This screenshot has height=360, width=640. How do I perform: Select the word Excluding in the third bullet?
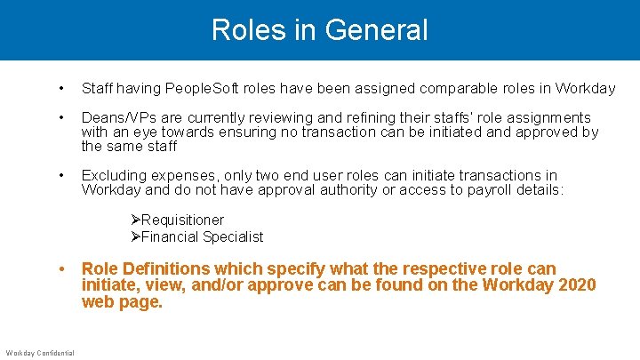113,175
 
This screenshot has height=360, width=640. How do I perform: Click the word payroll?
491,189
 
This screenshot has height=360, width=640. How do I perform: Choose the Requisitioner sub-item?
182,220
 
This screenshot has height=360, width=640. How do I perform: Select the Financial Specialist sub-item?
202,236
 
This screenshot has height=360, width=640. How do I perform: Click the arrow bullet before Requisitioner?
135,220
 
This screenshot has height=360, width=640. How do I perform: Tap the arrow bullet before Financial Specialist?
135,236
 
